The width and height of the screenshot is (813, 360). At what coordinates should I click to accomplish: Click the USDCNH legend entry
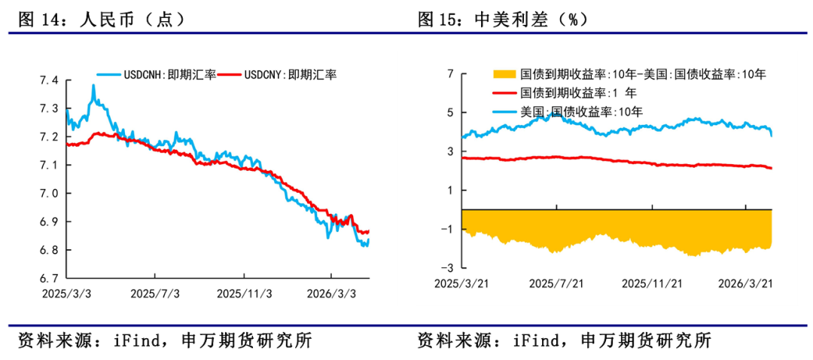tap(157, 74)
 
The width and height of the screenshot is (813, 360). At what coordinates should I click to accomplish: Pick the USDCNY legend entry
tap(279, 74)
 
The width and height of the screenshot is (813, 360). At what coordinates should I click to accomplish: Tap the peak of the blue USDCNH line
tap(93, 86)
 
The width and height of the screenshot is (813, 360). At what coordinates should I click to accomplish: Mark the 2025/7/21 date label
tap(557, 283)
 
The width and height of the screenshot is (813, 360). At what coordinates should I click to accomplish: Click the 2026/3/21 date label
tap(745, 283)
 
